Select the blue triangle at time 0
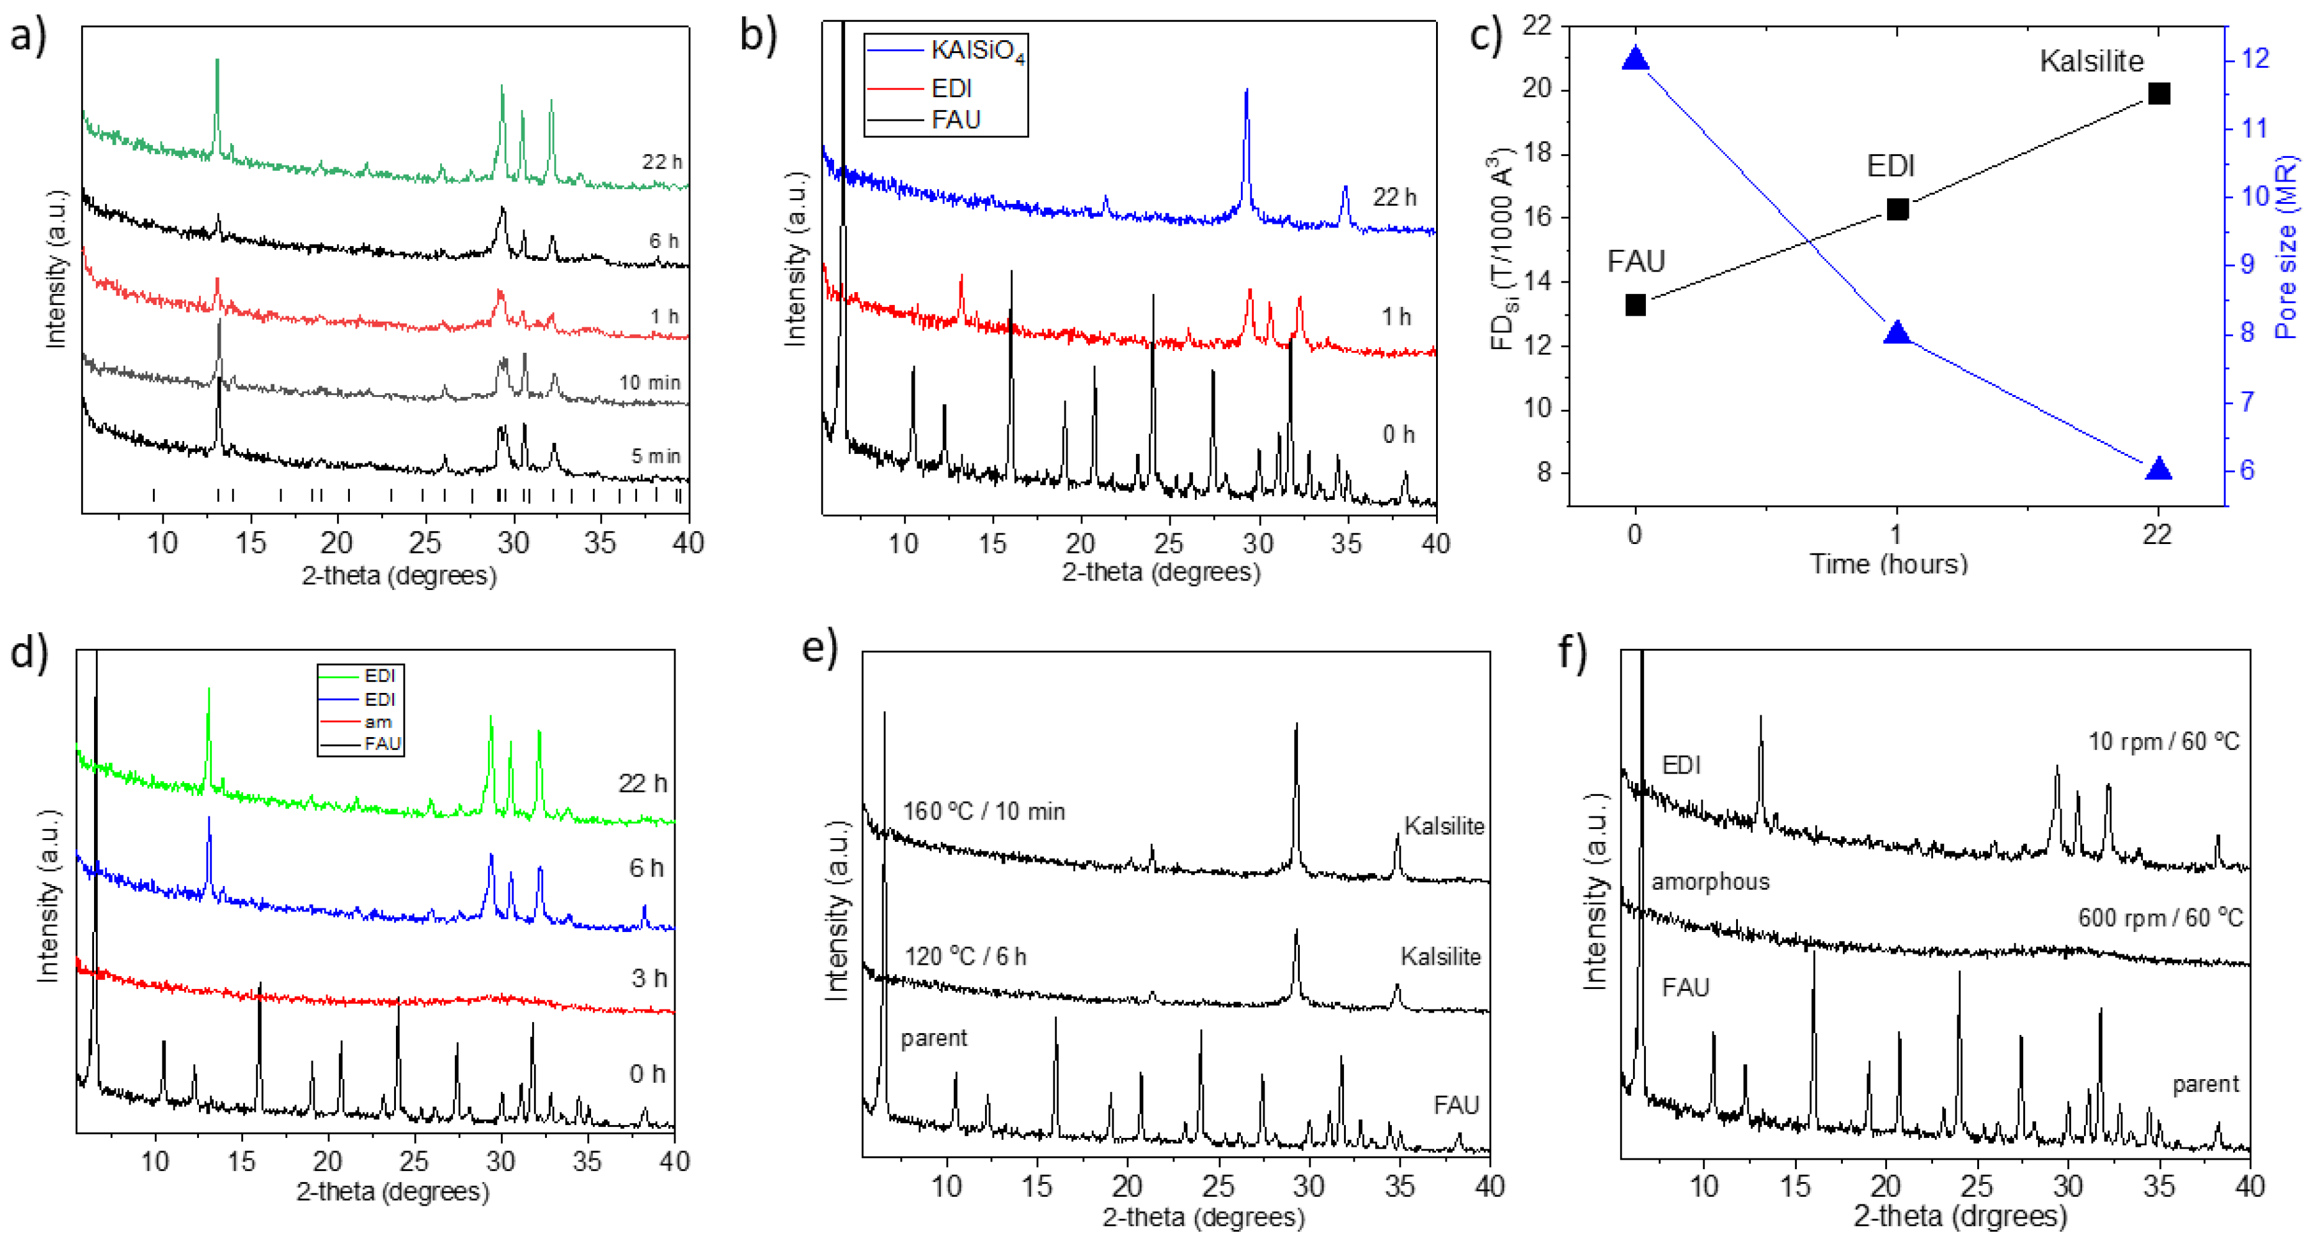[x=1635, y=60]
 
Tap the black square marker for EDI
[x=1897, y=209]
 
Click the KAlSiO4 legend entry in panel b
[x=977, y=51]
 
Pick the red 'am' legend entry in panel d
[x=377, y=722]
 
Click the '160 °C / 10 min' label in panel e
[x=984, y=811]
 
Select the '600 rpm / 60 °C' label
[x=2160, y=918]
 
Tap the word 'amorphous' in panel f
[x=1710, y=882]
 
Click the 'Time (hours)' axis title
[x=1888, y=564]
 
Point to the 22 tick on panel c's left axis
[x=1537, y=25]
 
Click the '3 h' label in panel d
[x=648, y=978]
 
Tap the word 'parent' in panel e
[x=934, y=1038]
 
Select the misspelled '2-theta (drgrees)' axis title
[x=1960, y=1215]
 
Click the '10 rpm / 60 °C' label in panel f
[x=2163, y=742]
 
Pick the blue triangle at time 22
[x=2158, y=469]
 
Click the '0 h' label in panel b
[x=1398, y=435]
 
